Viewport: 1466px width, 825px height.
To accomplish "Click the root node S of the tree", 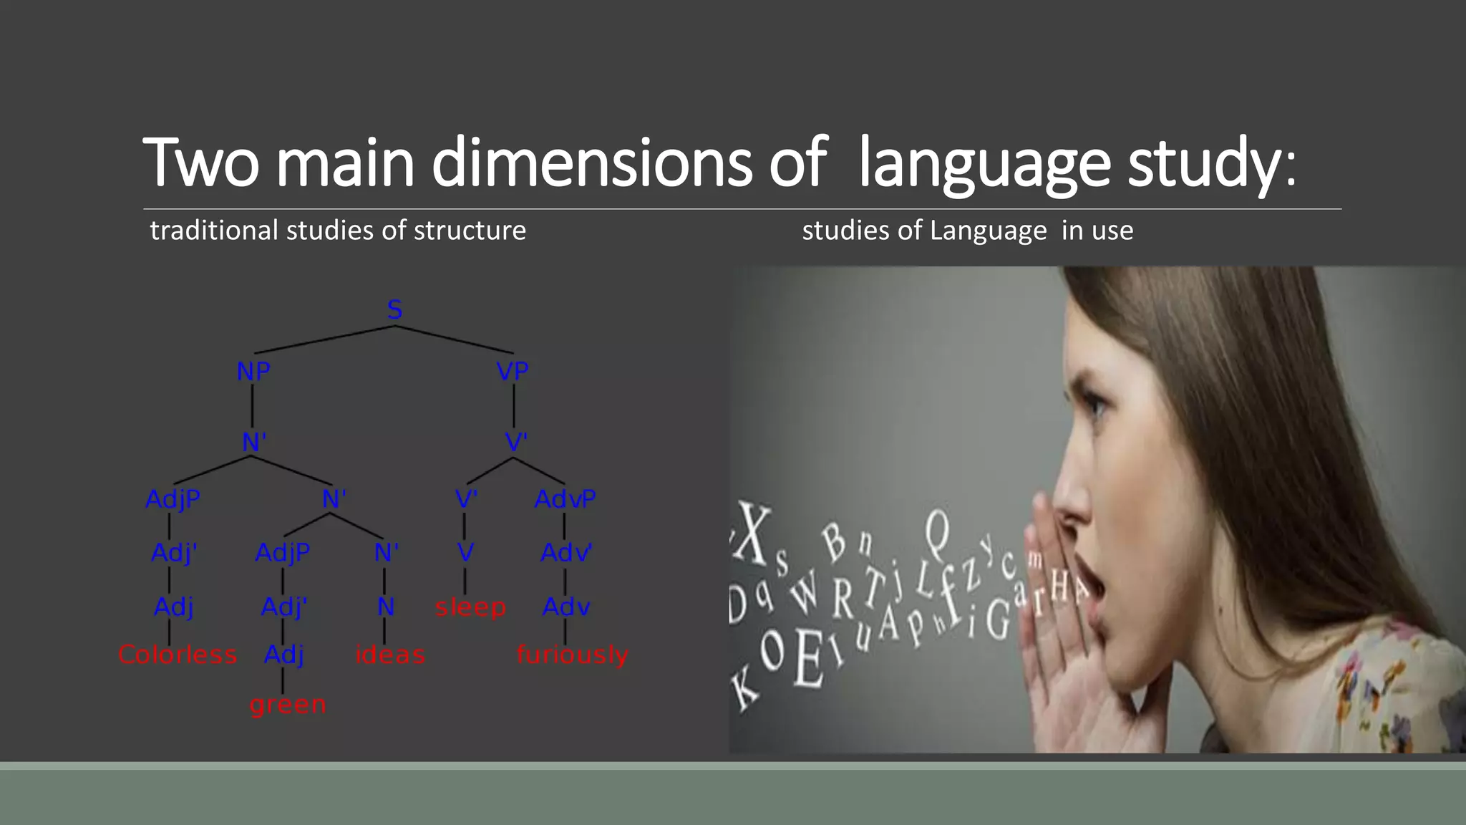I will pyautogui.click(x=394, y=310).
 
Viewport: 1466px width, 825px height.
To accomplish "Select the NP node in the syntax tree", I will pyautogui.click(x=253, y=372).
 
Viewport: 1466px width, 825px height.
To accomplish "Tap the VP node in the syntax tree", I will pyautogui.click(x=513, y=371).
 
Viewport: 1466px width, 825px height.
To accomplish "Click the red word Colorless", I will pyautogui.click(x=178, y=655).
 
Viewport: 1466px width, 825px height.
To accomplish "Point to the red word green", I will pyautogui.click(x=288, y=705).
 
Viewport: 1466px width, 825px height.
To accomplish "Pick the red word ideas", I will pyautogui.click(x=390, y=655).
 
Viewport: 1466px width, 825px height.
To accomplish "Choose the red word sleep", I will pyautogui.click(x=470, y=607).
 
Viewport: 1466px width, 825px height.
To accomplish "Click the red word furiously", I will pyautogui.click(x=573, y=655).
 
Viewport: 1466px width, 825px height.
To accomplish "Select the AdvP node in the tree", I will pyautogui.click(x=565, y=498).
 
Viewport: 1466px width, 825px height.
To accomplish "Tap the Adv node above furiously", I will pyautogui.click(x=566, y=607).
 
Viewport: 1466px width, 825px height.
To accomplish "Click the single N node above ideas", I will pyautogui.click(x=386, y=607).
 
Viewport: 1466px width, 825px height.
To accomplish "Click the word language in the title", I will pyautogui.click(x=984, y=163).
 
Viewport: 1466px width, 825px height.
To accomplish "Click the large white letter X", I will pyautogui.click(x=753, y=534).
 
